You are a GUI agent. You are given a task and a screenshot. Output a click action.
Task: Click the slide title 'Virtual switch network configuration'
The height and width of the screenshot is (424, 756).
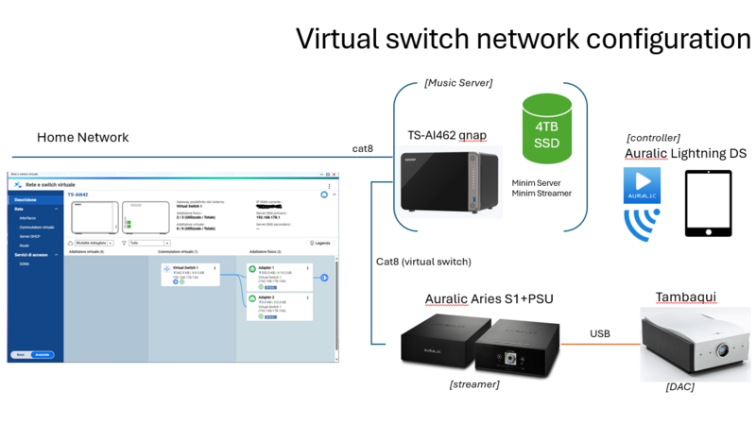pyautogui.click(x=523, y=39)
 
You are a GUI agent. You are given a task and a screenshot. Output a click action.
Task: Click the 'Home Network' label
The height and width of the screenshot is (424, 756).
pyautogui.click(x=82, y=138)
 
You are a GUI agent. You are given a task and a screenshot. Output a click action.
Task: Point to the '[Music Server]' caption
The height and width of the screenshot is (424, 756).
pyautogui.click(x=458, y=83)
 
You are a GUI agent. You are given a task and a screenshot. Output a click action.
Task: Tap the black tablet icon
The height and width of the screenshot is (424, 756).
pyautogui.click(x=708, y=202)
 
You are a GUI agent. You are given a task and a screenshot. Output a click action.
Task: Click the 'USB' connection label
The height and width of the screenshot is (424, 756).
pyautogui.click(x=600, y=333)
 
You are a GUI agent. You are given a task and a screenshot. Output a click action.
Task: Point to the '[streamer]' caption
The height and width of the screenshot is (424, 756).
pyautogui.click(x=474, y=383)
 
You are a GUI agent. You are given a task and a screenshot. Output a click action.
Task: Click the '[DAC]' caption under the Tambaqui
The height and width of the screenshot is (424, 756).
pyautogui.click(x=680, y=386)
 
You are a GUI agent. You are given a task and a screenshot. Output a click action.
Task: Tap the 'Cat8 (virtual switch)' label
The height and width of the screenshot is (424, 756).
pyautogui.click(x=423, y=262)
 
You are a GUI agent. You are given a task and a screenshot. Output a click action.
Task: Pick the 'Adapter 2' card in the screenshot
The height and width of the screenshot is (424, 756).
pyautogui.click(x=279, y=306)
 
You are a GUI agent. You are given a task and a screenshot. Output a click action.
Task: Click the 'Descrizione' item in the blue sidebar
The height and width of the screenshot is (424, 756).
pyautogui.click(x=26, y=200)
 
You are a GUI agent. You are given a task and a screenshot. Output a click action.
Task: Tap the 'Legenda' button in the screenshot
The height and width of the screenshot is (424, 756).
pyautogui.click(x=320, y=243)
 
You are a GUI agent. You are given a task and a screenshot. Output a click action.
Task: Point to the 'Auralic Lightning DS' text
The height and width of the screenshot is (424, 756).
pyautogui.click(x=685, y=154)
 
